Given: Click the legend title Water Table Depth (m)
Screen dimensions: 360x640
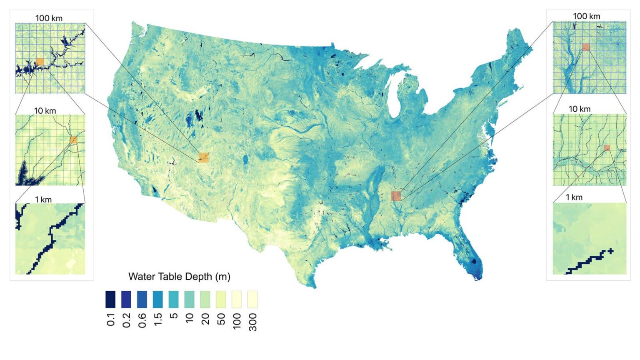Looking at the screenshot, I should click(x=179, y=277).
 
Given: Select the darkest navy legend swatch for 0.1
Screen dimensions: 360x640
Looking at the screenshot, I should click(x=110, y=299).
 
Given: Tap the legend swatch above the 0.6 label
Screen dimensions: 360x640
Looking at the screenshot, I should click(x=142, y=299).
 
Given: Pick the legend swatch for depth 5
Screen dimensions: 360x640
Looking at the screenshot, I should click(x=174, y=299).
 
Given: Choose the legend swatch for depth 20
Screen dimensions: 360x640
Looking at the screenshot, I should click(x=205, y=299).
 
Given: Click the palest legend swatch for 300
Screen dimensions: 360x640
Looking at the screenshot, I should click(x=252, y=299).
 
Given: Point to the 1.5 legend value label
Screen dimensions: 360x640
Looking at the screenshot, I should click(x=158, y=320).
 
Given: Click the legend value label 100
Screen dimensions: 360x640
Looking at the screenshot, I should click(x=237, y=321).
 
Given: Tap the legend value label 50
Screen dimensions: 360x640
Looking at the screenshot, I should click(x=221, y=319).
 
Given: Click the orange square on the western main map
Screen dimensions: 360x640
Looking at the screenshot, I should click(x=203, y=157).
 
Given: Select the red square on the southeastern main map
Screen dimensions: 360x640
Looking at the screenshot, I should click(x=396, y=196).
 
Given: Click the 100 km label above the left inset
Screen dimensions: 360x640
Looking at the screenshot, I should click(x=49, y=18).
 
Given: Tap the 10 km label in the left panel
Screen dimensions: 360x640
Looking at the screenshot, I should click(x=45, y=111).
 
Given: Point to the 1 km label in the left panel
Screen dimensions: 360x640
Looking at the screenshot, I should click(x=43, y=200).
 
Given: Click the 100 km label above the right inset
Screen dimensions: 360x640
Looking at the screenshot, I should click(x=586, y=16).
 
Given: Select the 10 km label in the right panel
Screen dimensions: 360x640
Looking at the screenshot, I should click(x=580, y=109).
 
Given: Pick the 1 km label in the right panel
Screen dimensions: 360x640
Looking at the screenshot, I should click(x=574, y=197).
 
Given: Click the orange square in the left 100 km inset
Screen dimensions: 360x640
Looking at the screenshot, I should click(x=40, y=62).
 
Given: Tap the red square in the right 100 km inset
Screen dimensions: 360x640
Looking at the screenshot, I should click(x=586, y=47).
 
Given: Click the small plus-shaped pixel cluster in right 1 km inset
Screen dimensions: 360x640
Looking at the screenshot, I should click(x=610, y=251).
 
